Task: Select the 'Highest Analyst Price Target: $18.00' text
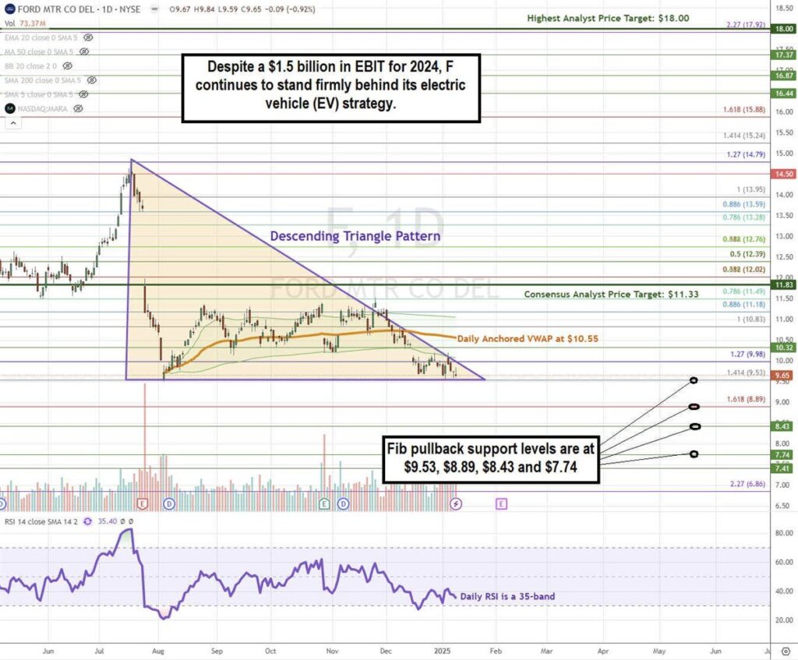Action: pyautogui.click(x=608, y=17)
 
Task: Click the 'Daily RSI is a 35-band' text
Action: pyautogui.click(x=508, y=597)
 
